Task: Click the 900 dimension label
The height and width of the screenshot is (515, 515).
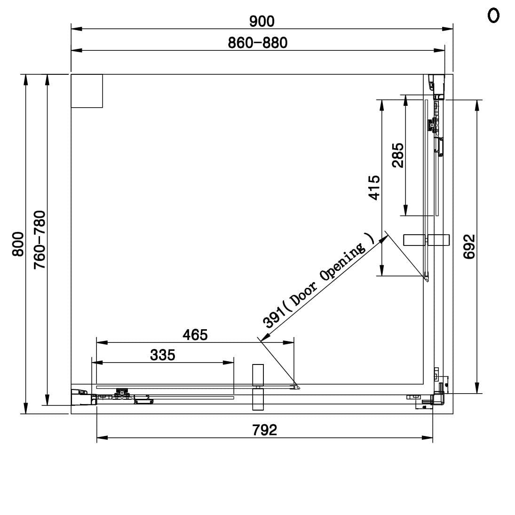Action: tap(262, 21)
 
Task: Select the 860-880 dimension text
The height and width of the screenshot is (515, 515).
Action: tap(258, 43)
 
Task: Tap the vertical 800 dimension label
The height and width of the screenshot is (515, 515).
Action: tap(18, 244)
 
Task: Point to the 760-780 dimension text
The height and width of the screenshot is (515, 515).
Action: tap(40, 240)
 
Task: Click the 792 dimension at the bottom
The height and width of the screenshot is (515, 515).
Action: tap(265, 430)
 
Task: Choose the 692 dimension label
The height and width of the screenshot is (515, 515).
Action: tap(469, 246)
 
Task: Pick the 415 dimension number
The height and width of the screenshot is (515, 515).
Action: tap(374, 188)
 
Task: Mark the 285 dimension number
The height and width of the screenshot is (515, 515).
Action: tap(398, 155)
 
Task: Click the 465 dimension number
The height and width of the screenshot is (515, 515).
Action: tap(195, 335)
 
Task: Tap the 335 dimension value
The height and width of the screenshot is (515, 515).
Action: tap(163, 355)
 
